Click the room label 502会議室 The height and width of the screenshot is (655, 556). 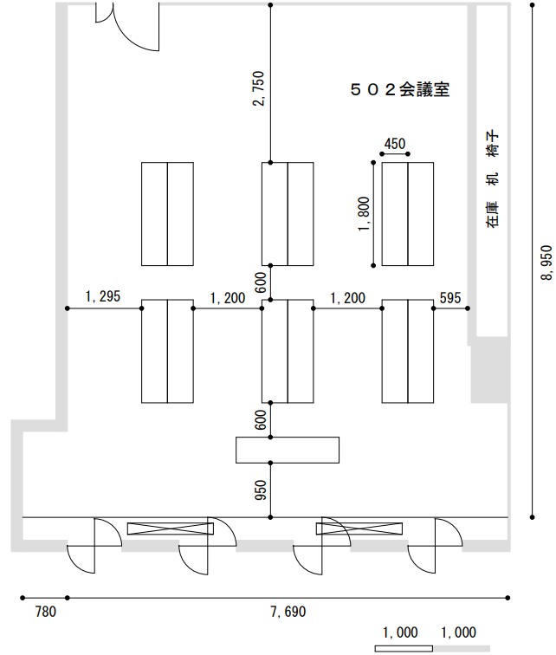point(400,89)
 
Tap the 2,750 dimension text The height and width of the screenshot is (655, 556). point(259,90)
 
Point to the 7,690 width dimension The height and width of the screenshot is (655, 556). point(288,613)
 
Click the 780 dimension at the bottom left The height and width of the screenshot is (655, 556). point(45,613)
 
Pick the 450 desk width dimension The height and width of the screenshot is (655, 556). point(394,145)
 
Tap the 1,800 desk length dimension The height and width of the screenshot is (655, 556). point(364,214)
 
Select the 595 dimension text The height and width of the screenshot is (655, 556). point(450,297)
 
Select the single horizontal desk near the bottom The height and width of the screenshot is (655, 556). point(288,450)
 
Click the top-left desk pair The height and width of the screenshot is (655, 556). point(167,214)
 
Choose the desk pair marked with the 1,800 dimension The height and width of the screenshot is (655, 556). point(408,214)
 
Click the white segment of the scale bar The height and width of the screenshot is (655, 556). point(404,648)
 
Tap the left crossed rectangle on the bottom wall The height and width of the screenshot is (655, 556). point(170,529)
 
